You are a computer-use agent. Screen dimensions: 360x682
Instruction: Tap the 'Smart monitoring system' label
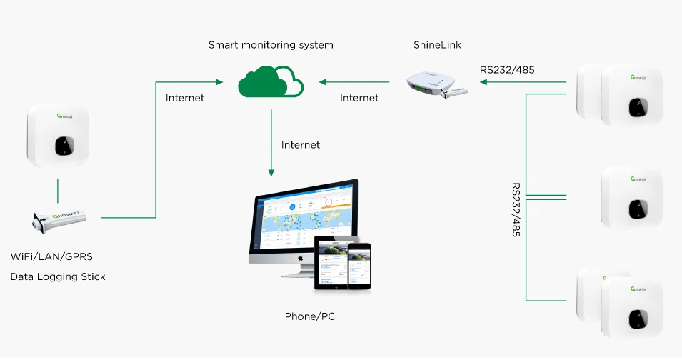click(x=271, y=45)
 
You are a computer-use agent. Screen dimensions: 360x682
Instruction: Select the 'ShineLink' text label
click(x=437, y=45)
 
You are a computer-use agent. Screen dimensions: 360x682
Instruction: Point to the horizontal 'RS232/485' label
click(x=507, y=70)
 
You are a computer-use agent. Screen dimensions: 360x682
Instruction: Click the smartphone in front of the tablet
click(x=359, y=266)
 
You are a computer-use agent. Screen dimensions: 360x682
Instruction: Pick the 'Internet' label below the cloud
click(x=301, y=145)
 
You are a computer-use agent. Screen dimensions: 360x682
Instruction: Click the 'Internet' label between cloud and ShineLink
click(x=359, y=98)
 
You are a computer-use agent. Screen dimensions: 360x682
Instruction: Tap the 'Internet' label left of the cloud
click(x=185, y=98)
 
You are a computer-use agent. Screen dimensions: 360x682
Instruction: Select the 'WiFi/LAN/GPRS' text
click(x=52, y=256)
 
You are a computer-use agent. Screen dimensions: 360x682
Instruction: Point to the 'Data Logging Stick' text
click(x=58, y=276)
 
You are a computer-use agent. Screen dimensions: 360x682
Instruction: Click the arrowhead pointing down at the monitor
click(x=271, y=172)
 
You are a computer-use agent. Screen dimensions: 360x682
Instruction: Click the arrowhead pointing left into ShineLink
click(x=483, y=82)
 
